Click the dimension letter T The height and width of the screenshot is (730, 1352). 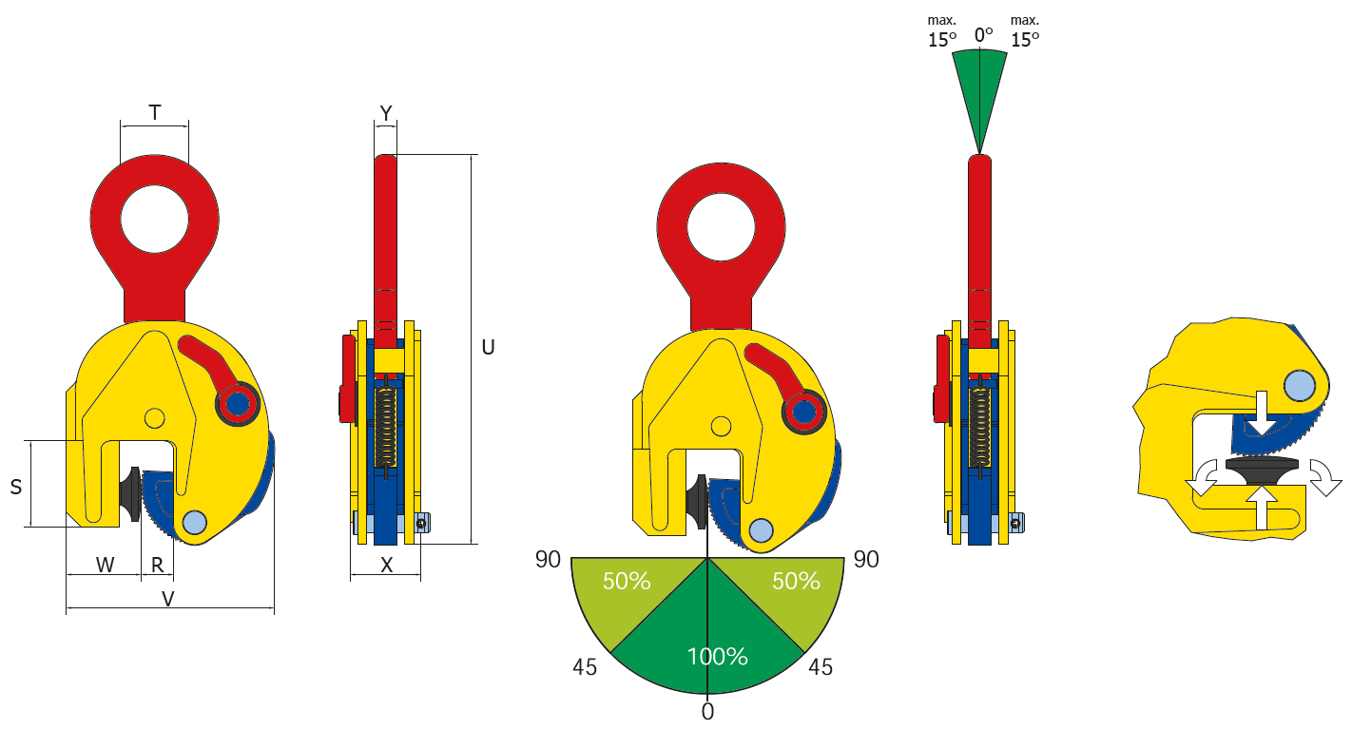pos(155,112)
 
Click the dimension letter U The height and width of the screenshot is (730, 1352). pos(488,347)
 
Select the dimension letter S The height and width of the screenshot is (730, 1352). pos(16,487)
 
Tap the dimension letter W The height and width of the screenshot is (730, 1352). pos(105,565)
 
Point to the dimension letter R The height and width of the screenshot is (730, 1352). pos(157,565)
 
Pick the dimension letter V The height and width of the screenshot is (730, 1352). pos(168,599)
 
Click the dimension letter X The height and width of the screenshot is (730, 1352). pos(386,565)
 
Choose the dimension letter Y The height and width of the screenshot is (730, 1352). pos(386,112)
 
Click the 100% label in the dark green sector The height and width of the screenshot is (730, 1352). pos(718,657)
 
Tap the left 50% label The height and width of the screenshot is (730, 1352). pos(627,581)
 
